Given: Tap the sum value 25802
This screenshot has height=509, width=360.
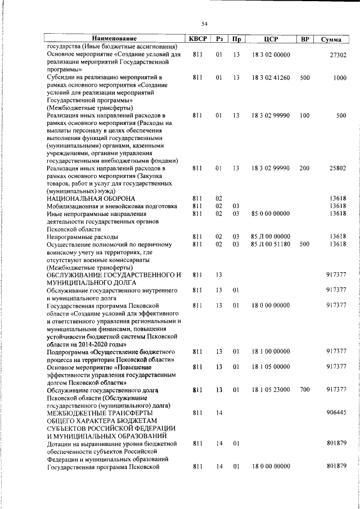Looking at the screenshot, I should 336,168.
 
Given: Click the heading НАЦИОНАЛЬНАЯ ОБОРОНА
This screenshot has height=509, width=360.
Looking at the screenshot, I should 91,199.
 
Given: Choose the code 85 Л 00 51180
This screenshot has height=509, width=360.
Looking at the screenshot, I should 270,245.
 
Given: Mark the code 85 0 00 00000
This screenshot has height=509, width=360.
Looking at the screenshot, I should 270,214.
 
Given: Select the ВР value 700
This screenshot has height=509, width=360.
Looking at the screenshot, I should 305,389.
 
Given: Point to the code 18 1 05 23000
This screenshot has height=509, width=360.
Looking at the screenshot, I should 270,389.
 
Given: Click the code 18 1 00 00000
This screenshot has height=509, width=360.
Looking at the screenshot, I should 270,351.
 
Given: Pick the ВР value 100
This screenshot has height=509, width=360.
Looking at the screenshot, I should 305,115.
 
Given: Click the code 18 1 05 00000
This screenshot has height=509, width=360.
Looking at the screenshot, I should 270,367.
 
